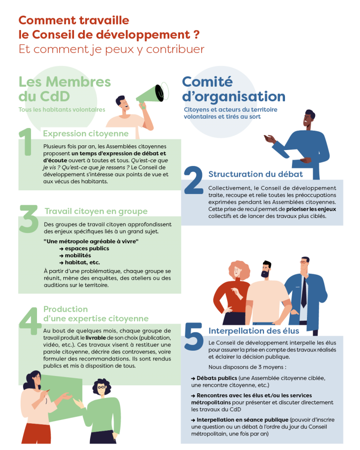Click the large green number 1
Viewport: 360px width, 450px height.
pyautogui.click(x=26, y=142)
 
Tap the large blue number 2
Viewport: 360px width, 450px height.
pyautogui.click(x=193, y=180)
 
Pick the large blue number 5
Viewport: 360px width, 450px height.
pyautogui.click(x=194, y=337)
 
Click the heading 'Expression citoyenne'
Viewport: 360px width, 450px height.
pyautogui.click(x=85, y=133)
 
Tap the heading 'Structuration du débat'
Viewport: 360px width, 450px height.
pyautogui.click(x=255, y=174)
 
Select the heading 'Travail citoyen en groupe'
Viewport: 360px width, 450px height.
pyautogui.click(x=96, y=211)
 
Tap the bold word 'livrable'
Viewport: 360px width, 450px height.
pyautogui.click(x=96, y=337)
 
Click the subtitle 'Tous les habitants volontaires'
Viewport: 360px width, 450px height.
pyautogui.click(x=61, y=110)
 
